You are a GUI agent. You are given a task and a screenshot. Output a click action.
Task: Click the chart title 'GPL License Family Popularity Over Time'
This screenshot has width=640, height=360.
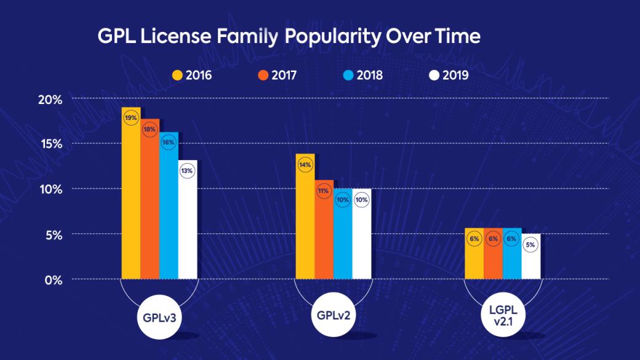click(289, 37)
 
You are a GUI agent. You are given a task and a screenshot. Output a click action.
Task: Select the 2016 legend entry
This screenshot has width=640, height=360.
click(191, 76)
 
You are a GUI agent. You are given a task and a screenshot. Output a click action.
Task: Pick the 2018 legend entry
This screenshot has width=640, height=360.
click(362, 76)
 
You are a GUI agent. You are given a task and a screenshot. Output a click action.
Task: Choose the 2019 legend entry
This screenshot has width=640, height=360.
click(449, 76)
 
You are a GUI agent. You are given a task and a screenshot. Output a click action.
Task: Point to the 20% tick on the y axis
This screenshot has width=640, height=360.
click(49, 98)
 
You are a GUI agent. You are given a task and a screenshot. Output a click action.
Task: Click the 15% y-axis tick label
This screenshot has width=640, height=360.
click(49, 144)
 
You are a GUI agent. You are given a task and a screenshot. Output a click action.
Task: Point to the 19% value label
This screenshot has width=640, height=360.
click(131, 118)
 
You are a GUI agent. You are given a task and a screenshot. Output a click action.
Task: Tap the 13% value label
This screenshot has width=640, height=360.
click(187, 171)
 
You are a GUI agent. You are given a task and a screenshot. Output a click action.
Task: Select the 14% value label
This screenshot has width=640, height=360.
click(305, 165)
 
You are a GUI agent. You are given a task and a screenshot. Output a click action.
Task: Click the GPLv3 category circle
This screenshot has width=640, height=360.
click(159, 317)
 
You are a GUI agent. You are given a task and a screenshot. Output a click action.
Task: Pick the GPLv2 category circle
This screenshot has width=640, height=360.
click(334, 316)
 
